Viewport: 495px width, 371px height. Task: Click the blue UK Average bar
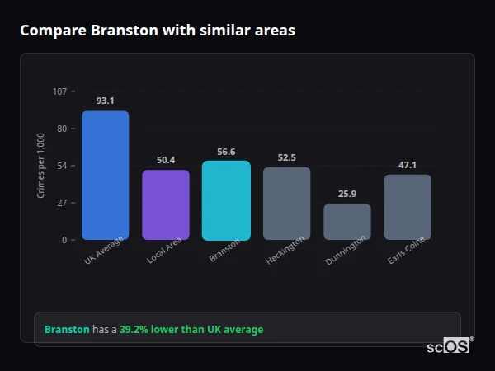pyautogui.click(x=105, y=175)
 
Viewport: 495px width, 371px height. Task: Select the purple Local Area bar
pyautogui.click(x=166, y=204)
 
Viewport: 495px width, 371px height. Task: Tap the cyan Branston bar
pyautogui.click(x=226, y=200)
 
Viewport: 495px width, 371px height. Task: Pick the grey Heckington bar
pyautogui.click(x=286, y=204)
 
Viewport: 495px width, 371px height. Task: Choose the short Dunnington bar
pyautogui.click(x=347, y=222)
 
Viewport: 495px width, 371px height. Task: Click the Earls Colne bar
pyautogui.click(x=408, y=207)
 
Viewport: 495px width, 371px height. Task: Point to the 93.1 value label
pyautogui.click(x=105, y=101)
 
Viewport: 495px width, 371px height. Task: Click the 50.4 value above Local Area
pyautogui.click(x=166, y=160)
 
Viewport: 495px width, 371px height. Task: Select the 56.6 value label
pyautogui.click(x=226, y=152)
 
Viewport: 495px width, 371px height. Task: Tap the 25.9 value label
pyautogui.click(x=347, y=194)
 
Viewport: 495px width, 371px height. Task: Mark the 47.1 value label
pyautogui.click(x=408, y=165)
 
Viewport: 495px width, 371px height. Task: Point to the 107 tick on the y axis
pyautogui.click(x=59, y=92)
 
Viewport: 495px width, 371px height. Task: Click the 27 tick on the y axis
pyautogui.click(x=62, y=203)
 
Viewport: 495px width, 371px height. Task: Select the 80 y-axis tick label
pyautogui.click(x=62, y=129)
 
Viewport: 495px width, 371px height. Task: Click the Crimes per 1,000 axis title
pyautogui.click(x=41, y=166)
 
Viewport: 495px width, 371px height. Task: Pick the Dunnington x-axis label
pyautogui.click(x=346, y=251)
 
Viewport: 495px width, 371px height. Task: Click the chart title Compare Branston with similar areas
pyautogui.click(x=158, y=31)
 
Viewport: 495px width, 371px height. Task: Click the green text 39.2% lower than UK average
pyautogui.click(x=191, y=330)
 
